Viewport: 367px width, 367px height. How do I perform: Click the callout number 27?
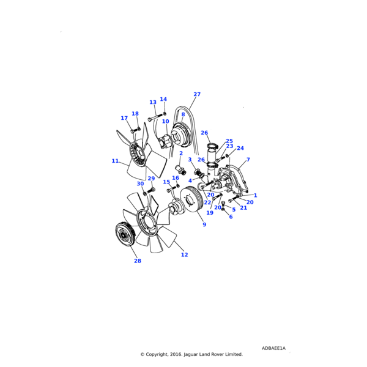click(x=197, y=95)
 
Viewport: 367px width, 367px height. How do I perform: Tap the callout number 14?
click(x=163, y=100)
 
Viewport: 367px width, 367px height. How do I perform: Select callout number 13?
click(x=153, y=103)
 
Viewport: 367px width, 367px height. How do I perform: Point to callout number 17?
click(x=124, y=119)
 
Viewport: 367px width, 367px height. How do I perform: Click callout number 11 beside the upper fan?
click(x=115, y=161)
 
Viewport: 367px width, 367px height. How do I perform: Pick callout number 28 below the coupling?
click(x=138, y=261)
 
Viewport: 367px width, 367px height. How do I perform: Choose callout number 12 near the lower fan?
click(x=184, y=255)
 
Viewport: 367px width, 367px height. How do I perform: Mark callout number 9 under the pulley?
click(x=204, y=225)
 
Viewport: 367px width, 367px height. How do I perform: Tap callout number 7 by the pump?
click(x=248, y=160)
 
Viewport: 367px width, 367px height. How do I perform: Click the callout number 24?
click(x=240, y=149)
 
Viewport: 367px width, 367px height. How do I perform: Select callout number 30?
click(x=140, y=183)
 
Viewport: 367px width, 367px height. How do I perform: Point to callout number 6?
click(x=231, y=217)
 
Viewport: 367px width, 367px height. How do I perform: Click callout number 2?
click(x=181, y=154)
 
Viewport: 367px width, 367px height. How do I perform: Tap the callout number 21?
click(x=243, y=208)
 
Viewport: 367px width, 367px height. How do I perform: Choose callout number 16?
click(x=176, y=178)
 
